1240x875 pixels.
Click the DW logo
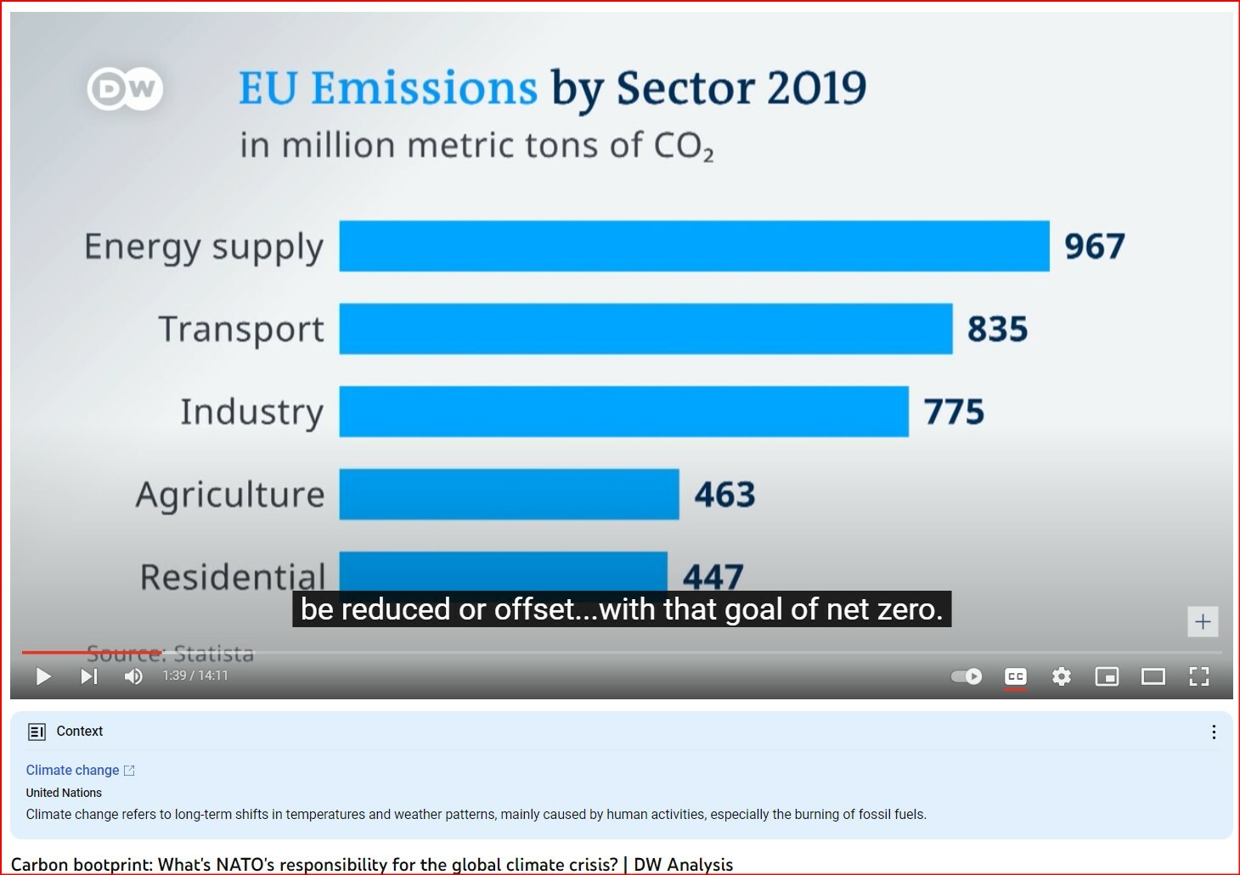pyautogui.click(x=125, y=88)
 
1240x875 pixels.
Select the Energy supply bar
pyautogui.click(x=694, y=246)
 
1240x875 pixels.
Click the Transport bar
pyautogui.click(x=645, y=328)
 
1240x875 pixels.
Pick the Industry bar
pyautogui.click(x=623, y=412)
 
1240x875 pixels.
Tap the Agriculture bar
pyautogui.click(x=509, y=494)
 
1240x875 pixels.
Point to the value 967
pyautogui.click(x=1094, y=247)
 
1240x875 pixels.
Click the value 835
pyautogui.click(x=997, y=329)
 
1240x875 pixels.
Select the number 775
pyautogui.click(x=954, y=412)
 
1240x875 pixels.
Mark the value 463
pyautogui.click(x=724, y=495)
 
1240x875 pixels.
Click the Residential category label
pyautogui.click(x=233, y=577)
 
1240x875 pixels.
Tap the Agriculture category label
pyautogui.click(x=230, y=495)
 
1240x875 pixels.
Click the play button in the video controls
pyautogui.click(x=43, y=676)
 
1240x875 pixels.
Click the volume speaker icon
pyautogui.click(x=133, y=676)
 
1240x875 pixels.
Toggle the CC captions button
pyautogui.click(x=1015, y=676)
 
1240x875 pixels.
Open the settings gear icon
pyautogui.click(x=1061, y=676)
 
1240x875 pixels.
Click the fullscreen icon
pyautogui.click(x=1198, y=676)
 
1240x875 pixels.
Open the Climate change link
pyautogui.click(x=73, y=770)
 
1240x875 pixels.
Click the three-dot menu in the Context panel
pyautogui.click(x=1214, y=732)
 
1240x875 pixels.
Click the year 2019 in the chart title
pyautogui.click(x=816, y=88)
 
